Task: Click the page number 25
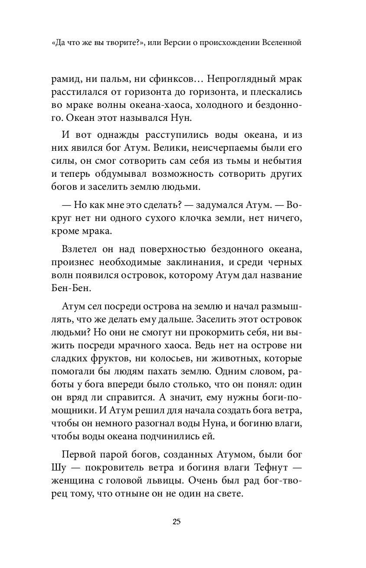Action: (176, 522)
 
